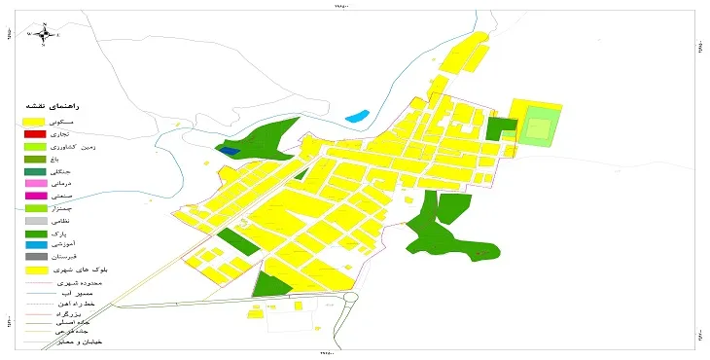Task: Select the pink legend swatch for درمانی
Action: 35,183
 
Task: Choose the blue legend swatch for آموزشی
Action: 35,245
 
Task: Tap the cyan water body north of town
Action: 356,117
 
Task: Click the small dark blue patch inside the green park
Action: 228,150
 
